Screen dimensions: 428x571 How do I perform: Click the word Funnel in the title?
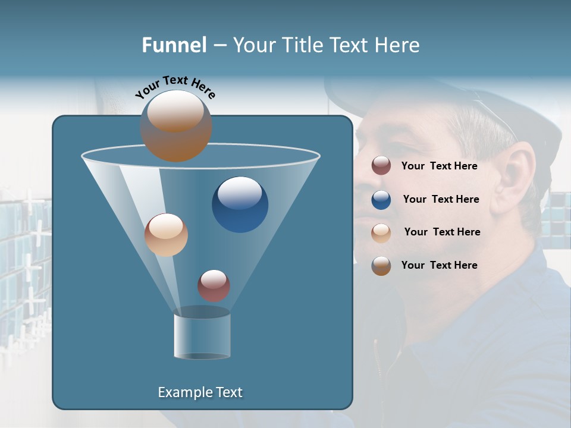(174, 45)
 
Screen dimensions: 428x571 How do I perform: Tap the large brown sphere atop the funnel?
(176, 126)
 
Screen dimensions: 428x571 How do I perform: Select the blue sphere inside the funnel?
(240, 204)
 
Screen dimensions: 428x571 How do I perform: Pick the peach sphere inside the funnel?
(166, 235)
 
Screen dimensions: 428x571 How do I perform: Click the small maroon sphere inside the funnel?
(214, 285)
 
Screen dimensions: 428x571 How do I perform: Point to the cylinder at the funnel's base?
(202, 336)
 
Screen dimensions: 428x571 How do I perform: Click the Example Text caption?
(200, 392)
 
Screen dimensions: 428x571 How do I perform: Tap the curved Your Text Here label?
(175, 86)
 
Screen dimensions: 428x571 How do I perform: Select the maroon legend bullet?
(381, 166)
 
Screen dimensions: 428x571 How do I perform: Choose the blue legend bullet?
(381, 200)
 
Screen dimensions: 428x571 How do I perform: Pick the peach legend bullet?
(381, 232)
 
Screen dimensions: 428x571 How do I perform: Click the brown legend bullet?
(381, 266)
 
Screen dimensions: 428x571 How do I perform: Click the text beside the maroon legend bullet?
(439, 166)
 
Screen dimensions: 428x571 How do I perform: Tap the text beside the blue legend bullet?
(441, 200)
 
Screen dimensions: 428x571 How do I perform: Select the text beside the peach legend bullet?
(442, 232)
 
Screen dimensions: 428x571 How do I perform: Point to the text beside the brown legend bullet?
(439, 266)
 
